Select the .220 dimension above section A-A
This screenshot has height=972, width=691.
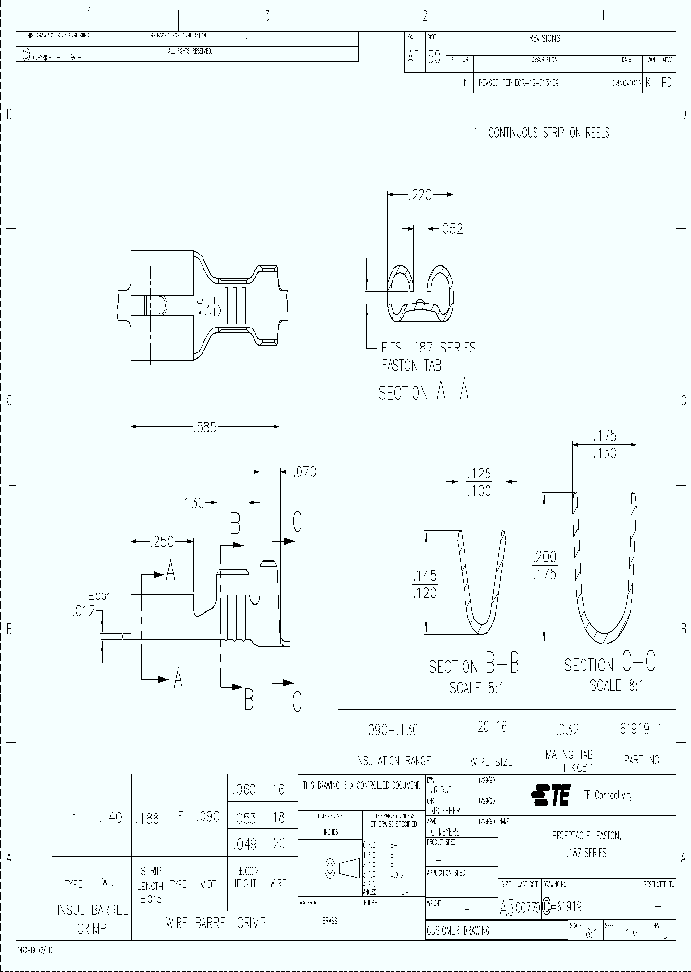pos(419,195)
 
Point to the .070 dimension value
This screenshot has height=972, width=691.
pos(302,472)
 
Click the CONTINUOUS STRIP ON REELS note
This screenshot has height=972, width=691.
pos(548,133)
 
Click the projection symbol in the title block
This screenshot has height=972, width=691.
pos(345,866)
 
